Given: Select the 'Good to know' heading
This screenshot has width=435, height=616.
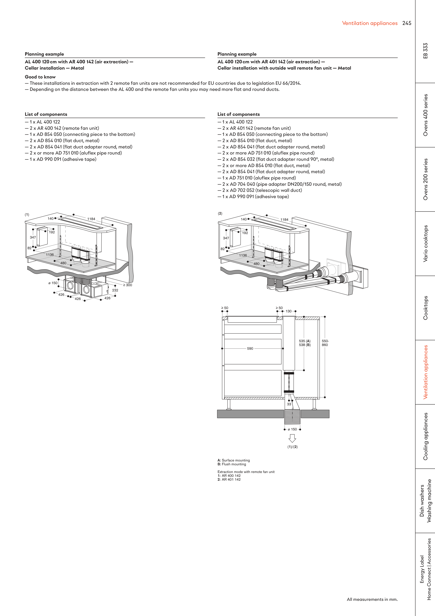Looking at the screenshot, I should click(x=40, y=77).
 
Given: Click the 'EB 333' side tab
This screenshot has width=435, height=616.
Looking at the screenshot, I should click(x=425, y=51).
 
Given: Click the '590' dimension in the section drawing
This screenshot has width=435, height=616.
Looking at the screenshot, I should click(x=250, y=348).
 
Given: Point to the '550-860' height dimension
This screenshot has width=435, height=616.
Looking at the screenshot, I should click(x=325, y=343).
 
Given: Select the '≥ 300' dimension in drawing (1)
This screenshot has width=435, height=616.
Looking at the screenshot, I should click(x=128, y=285).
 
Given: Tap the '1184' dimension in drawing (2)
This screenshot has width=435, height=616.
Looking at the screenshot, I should click(x=284, y=219).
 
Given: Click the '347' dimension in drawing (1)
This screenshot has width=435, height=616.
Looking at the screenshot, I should click(x=33, y=237).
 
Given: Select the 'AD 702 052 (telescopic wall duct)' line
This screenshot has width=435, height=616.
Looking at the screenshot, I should click(x=262, y=190).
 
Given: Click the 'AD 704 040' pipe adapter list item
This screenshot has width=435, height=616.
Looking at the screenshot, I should click(x=282, y=184).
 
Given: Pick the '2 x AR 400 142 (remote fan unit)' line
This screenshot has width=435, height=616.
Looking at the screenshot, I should click(x=64, y=128).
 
